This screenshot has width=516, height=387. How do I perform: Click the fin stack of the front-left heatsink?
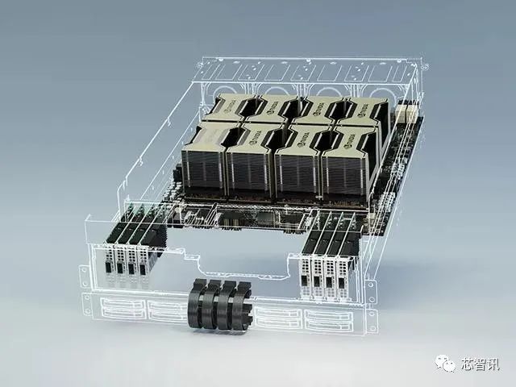[x=202, y=169]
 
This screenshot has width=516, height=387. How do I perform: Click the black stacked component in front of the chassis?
[x=219, y=305]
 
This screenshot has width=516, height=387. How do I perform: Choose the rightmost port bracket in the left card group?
[x=144, y=265]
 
